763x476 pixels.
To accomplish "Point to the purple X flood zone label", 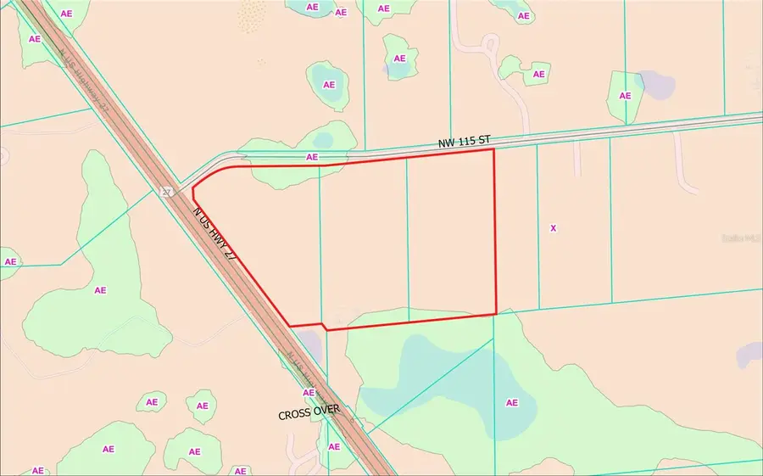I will pyautogui.click(x=554, y=228).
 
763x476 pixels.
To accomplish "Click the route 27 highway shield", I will pyautogui.click(x=167, y=193).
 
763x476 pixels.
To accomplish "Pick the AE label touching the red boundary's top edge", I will pyautogui.click(x=312, y=157).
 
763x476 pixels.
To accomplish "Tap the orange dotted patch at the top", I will pyautogui.click(x=253, y=14).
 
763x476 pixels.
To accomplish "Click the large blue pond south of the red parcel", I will pyautogui.click(x=458, y=386).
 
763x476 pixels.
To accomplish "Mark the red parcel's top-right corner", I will pyautogui.click(x=494, y=149).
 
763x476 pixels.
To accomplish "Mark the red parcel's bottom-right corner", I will pyautogui.click(x=495, y=314).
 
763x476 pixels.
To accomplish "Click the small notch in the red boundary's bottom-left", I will pyautogui.click(x=324, y=326).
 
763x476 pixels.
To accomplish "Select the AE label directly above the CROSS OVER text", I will pyautogui.click(x=309, y=393).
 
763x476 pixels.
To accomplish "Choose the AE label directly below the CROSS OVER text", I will pyautogui.click(x=334, y=447).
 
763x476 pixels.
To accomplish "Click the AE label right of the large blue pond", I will pyautogui.click(x=511, y=402).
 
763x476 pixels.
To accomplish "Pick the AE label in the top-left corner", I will pyautogui.click(x=35, y=39).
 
